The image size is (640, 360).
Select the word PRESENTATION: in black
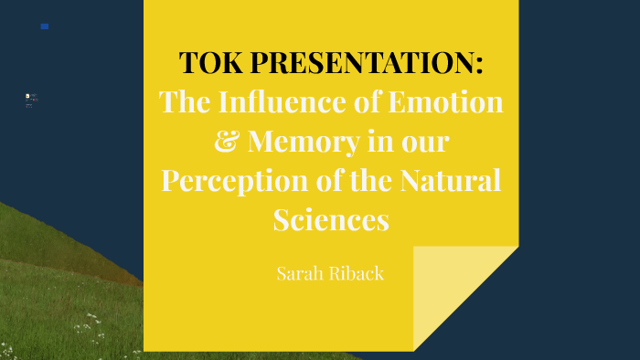[366, 63]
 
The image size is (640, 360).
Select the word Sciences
[331, 220]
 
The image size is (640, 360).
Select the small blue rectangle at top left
[45, 26]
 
